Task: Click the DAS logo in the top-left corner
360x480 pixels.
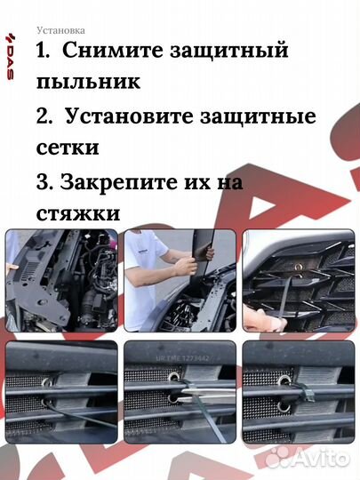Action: [10, 57]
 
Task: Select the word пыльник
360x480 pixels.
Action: [88, 83]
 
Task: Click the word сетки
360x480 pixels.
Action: [68, 147]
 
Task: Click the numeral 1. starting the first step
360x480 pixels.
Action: [46, 52]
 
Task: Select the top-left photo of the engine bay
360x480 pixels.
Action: [61, 280]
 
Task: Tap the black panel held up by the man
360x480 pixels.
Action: [203, 249]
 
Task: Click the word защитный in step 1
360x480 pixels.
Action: [228, 52]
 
